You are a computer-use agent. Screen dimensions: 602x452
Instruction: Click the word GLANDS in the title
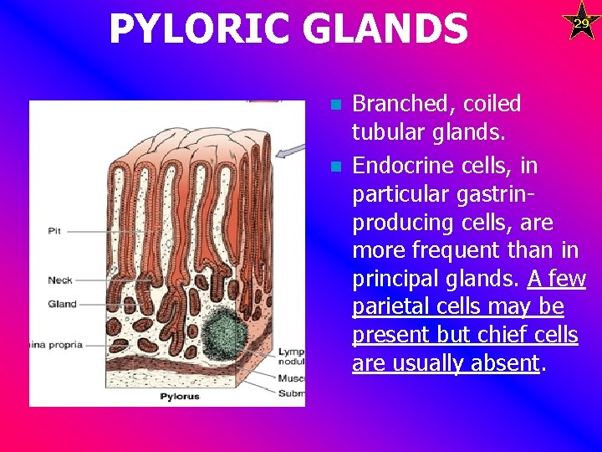pos(390,29)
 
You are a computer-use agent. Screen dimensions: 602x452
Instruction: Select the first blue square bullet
pos(335,105)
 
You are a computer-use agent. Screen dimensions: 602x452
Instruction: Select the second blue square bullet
pos(335,167)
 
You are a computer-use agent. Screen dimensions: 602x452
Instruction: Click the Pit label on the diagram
pos(54,229)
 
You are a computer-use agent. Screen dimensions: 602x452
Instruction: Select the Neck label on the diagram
pos(60,280)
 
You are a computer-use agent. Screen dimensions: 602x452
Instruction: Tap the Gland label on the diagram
pos(63,304)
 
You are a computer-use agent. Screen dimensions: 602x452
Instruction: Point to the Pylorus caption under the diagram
pos(180,396)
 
